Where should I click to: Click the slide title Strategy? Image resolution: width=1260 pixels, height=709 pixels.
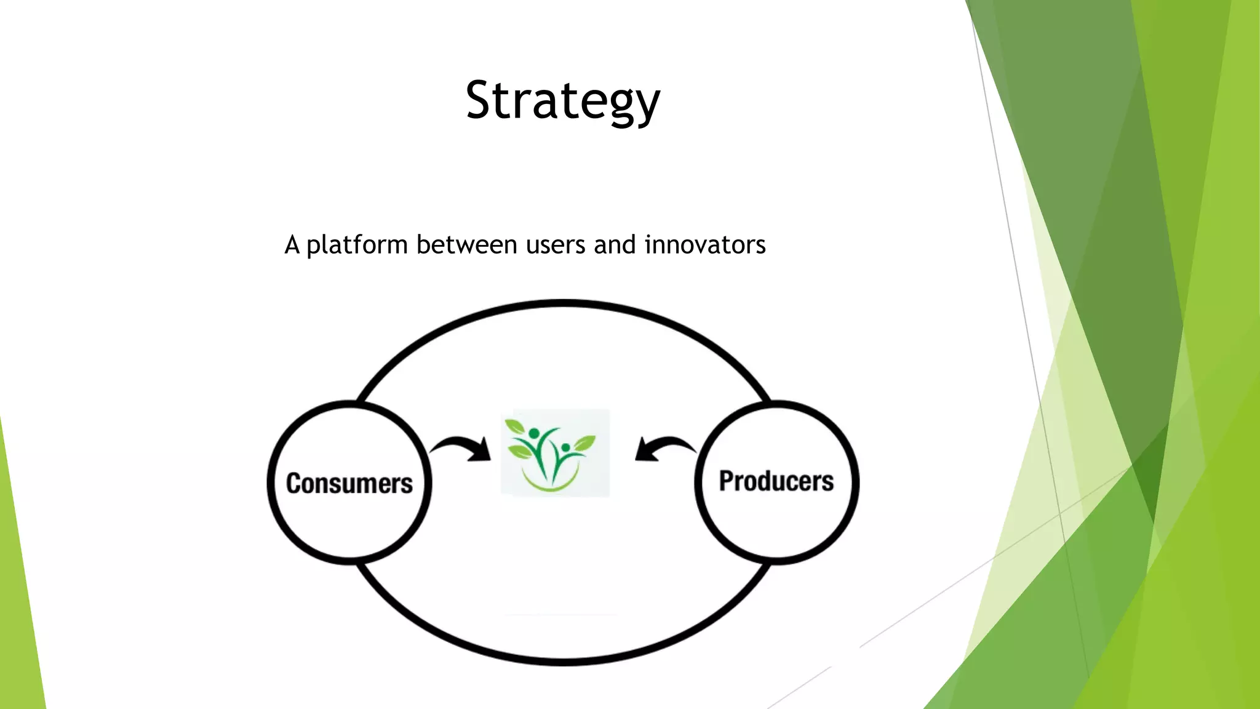(x=562, y=100)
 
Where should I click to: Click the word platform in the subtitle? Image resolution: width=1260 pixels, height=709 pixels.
(x=357, y=245)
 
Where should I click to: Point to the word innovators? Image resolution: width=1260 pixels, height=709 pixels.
(x=704, y=245)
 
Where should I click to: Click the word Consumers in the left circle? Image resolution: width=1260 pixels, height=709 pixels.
(x=349, y=483)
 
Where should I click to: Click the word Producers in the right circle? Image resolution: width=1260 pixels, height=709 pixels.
(x=776, y=481)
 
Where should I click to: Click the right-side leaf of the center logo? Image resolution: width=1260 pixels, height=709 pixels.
(x=584, y=442)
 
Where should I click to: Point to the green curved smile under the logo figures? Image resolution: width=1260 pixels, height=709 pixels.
(x=551, y=485)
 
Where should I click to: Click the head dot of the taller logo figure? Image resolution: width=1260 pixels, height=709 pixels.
(x=533, y=433)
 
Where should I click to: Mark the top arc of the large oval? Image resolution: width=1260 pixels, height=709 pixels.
(x=562, y=303)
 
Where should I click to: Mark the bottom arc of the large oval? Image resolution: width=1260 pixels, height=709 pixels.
(x=562, y=661)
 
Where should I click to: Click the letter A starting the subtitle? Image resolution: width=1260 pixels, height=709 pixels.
(x=292, y=245)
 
